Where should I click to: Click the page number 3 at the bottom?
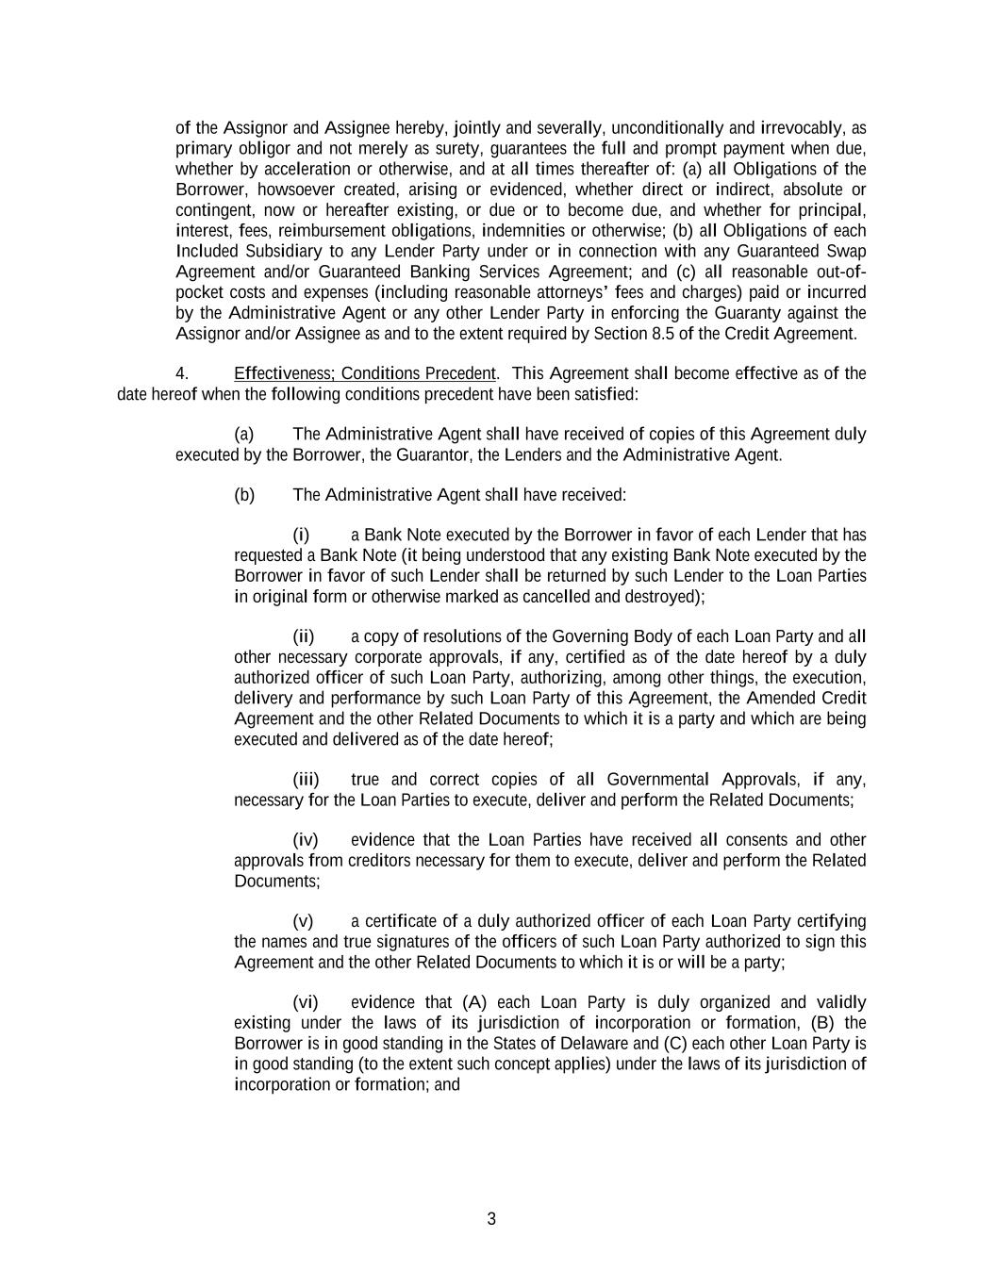pyautogui.click(x=491, y=1219)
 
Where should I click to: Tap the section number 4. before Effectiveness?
pyautogui.click(x=182, y=373)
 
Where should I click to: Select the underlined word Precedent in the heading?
pyautogui.click(x=459, y=373)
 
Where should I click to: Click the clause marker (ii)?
pyautogui.click(x=304, y=636)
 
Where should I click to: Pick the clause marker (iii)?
pyautogui.click(x=306, y=780)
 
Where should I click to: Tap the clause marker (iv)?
pyautogui.click(x=306, y=840)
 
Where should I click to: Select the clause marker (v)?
pyautogui.click(x=303, y=921)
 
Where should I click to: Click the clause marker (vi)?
pyautogui.click(x=306, y=1002)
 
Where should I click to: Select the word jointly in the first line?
pyautogui.click(x=477, y=128)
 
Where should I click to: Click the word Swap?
pyautogui.click(x=847, y=252)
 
